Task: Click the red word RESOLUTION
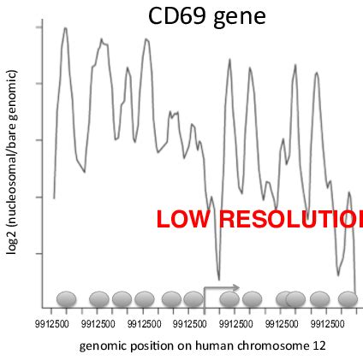click(291, 219)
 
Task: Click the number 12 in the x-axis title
click(318, 346)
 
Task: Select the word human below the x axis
click(210, 346)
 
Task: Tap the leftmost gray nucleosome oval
click(67, 299)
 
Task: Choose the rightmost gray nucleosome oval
click(348, 299)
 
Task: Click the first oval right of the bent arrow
click(229, 299)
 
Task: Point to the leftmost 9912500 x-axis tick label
click(51, 325)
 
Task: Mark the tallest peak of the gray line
click(64, 28)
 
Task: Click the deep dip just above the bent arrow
click(218, 279)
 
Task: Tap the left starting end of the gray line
click(54, 198)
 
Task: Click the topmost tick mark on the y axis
click(40, 27)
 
